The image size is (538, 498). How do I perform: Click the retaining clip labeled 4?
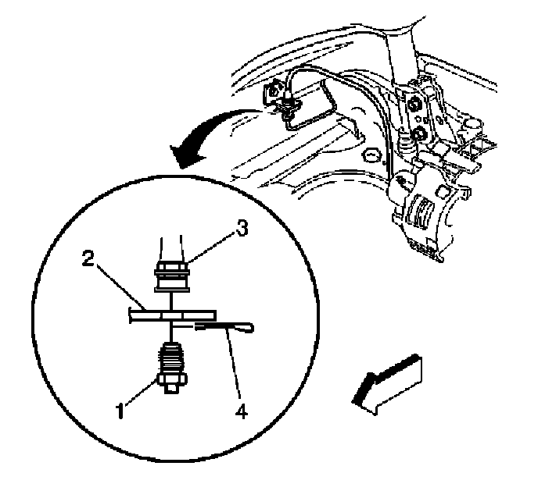click(x=227, y=326)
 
